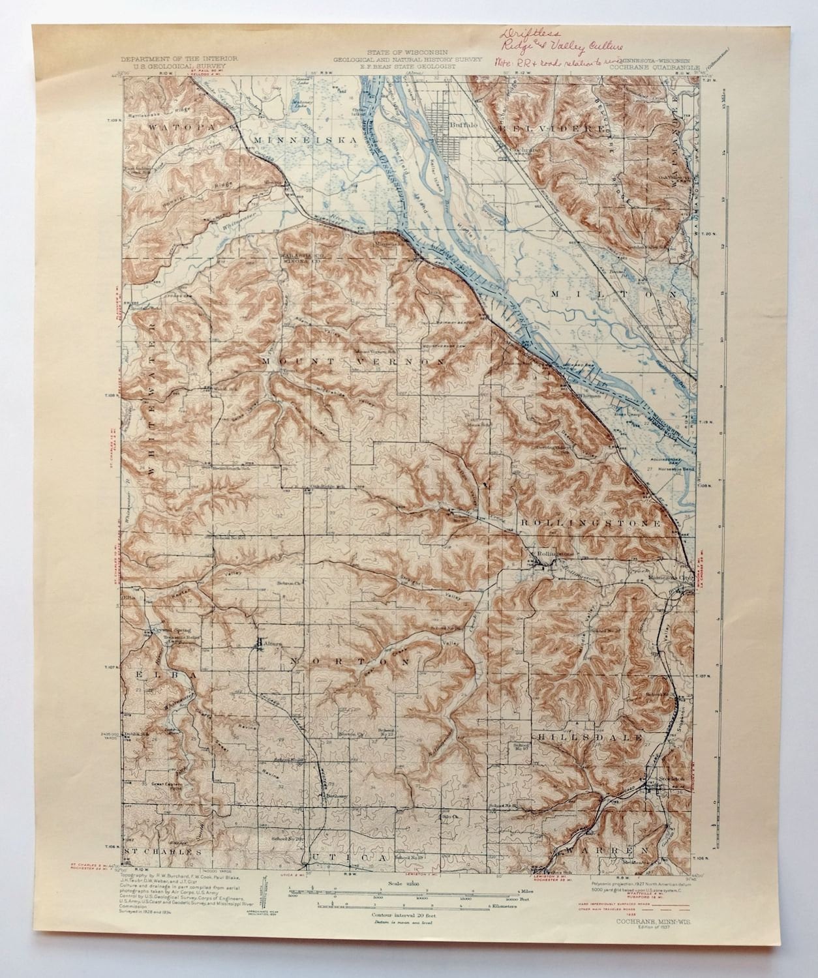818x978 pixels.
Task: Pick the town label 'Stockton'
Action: tap(661, 778)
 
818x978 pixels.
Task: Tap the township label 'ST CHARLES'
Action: tap(162, 852)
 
